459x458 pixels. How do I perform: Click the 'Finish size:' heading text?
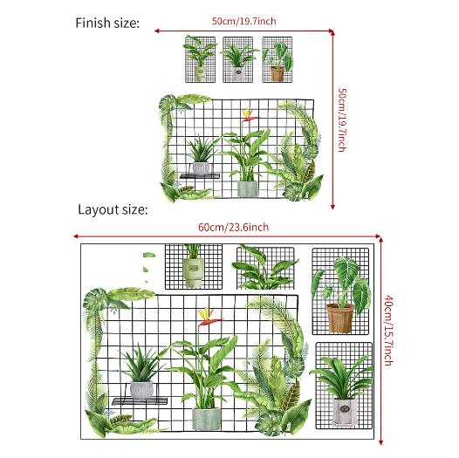point(107,24)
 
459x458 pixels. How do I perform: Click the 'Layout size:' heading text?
point(113,210)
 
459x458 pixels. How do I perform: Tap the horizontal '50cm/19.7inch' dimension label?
point(243,21)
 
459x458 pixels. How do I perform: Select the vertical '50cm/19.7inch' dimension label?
point(342,120)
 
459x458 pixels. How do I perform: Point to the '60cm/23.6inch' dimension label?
point(233,227)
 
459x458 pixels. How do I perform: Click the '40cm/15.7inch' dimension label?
point(388,331)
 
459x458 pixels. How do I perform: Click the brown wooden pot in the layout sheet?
point(339,318)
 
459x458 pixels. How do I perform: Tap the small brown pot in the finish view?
point(277,74)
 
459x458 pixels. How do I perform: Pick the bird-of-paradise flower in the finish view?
point(249,116)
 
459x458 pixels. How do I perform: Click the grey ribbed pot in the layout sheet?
point(141,390)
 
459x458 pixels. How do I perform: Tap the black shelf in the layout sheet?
point(140,401)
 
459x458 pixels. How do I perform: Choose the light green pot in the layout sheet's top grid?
point(193,272)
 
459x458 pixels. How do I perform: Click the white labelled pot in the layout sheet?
point(345,411)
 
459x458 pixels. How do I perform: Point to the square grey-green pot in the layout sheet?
point(206,419)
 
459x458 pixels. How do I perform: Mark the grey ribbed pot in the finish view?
point(201,168)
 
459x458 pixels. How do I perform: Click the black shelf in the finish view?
point(200,176)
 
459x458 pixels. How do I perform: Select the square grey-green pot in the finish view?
point(247,188)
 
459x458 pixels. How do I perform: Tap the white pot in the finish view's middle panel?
point(238,74)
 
